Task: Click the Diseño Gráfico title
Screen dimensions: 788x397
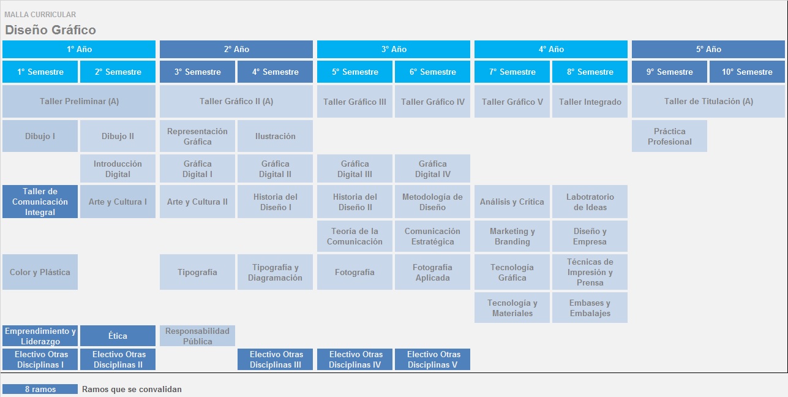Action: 50,30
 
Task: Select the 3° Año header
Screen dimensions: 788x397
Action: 393,49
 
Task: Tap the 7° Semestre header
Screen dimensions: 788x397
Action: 512,72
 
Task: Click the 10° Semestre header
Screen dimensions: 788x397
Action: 747,72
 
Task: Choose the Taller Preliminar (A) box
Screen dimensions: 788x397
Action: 79,101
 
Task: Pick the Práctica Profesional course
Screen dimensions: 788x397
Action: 669,136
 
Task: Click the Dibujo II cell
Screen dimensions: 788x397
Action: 118,136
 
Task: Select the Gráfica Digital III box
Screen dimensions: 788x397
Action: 355,168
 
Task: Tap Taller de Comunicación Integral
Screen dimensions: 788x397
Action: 40,202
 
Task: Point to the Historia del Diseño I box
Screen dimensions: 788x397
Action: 275,202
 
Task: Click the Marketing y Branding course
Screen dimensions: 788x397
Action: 512,236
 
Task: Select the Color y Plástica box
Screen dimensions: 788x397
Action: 40,272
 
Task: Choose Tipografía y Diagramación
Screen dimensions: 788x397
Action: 275,272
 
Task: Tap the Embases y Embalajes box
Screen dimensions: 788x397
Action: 590,308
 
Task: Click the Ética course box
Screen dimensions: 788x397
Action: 118,336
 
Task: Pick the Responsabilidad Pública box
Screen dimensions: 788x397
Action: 197,336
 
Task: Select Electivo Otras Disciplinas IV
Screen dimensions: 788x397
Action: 355,360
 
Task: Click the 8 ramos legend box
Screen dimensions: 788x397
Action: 40,389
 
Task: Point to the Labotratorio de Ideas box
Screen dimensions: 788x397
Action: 590,202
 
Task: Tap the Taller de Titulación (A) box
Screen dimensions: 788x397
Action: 708,101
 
